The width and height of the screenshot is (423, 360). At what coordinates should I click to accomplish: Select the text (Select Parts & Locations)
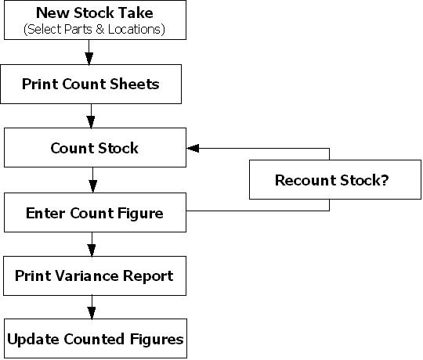[95, 29]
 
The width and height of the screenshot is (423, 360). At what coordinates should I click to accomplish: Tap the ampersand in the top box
[99, 29]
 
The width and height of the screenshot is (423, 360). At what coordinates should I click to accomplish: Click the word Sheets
[135, 84]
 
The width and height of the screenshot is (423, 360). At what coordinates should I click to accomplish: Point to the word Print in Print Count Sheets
[40, 84]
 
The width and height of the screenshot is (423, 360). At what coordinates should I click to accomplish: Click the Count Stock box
[95, 147]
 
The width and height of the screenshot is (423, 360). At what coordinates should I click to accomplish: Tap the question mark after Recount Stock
[385, 180]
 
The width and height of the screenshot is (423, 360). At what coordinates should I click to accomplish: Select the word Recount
[305, 180]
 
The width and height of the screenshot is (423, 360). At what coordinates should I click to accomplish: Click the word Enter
[45, 213]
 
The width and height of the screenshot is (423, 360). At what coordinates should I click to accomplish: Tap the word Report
[148, 276]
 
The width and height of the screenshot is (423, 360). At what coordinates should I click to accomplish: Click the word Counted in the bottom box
[94, 339]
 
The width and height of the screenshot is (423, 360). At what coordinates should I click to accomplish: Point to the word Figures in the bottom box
[157, 340]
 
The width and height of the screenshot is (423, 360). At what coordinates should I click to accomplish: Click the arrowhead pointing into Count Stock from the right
[193, 148]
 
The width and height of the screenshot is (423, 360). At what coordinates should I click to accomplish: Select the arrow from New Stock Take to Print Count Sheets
[89, 52]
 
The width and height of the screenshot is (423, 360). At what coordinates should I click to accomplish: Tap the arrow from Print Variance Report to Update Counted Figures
[92, 308]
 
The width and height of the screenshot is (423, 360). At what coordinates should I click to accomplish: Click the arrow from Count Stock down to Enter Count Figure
[92, 180]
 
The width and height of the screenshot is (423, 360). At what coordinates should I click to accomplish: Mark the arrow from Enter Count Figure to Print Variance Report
[92, 244]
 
